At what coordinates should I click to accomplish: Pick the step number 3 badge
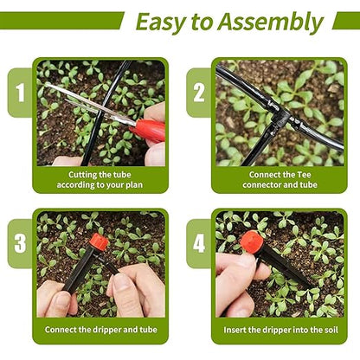pos(17,242)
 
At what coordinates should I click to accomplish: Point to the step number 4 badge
pos(198,242)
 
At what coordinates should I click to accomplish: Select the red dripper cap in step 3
pos(99,242)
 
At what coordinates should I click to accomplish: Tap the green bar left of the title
pos(61,21)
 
